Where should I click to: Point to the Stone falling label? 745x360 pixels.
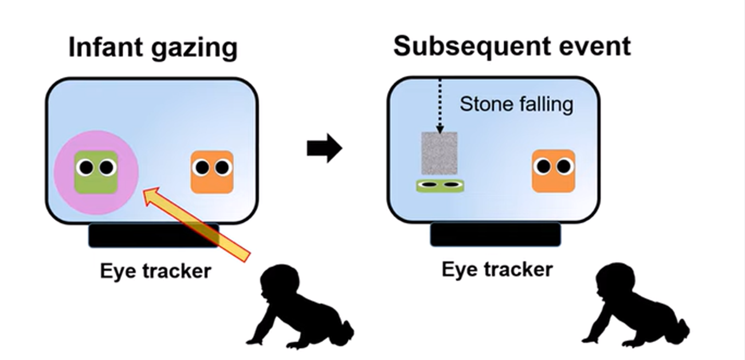point(516,104)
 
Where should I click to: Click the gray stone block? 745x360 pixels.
point(439,153)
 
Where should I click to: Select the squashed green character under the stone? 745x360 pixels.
point(440,186)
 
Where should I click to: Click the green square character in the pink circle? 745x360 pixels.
point(96,172)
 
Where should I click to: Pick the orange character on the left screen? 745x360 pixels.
point(212,171)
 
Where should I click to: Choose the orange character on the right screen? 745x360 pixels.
point(553,170)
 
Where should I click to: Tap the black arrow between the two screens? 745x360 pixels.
point(324,149)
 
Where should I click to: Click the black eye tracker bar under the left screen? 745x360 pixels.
point(153,236)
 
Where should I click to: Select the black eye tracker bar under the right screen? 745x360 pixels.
point(495,234)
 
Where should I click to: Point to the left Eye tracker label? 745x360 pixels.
point(155,271)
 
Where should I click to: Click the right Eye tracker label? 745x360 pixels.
point(497,269)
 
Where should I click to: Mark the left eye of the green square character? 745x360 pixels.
point(85,167)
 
